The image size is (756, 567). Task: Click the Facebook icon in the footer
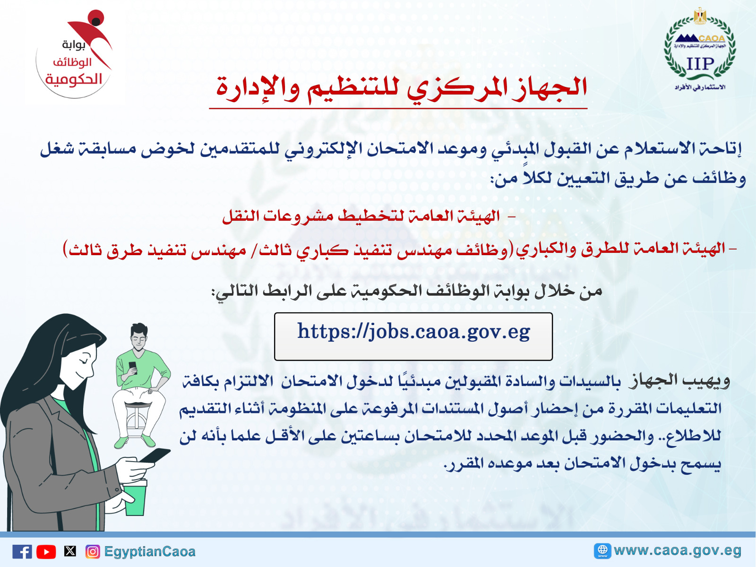point(22,551)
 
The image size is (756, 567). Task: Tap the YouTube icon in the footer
point(46,552)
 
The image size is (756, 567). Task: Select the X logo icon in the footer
point(70,551)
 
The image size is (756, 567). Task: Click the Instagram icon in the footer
point(93,552)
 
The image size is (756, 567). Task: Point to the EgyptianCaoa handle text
point(149,551)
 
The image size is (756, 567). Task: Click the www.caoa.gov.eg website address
point(678,550)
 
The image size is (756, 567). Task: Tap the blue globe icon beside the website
point(602,551)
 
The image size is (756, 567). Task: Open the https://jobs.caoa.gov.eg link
point(413,332)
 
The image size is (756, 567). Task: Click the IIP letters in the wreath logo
point(700,64)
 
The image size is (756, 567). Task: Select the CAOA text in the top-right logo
point(712,38)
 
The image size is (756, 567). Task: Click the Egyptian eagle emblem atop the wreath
point(700,16)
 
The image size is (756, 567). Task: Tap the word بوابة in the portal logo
point(74,45)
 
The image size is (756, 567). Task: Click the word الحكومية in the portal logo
point(74,79)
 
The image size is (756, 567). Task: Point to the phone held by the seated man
point(133,367)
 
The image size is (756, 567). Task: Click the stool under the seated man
point(138,421)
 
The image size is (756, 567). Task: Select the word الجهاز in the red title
point(550,87)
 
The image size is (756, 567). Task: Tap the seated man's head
point(139,337)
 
